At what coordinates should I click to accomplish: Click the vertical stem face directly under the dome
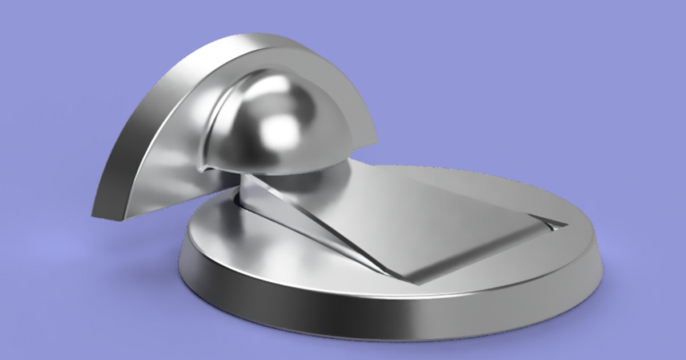coord(252,197)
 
